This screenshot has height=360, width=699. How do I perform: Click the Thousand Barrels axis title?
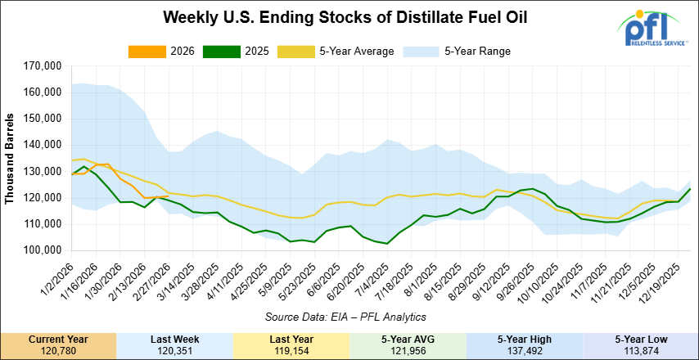(11, 158)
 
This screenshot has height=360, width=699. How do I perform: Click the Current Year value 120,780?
(58, 351)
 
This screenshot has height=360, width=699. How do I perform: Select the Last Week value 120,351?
(174, 351)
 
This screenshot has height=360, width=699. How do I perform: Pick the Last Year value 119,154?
(291, 351)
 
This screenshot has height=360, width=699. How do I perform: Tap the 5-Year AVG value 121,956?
(407, 351)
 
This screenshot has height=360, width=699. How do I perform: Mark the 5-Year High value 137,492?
(523, 351)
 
